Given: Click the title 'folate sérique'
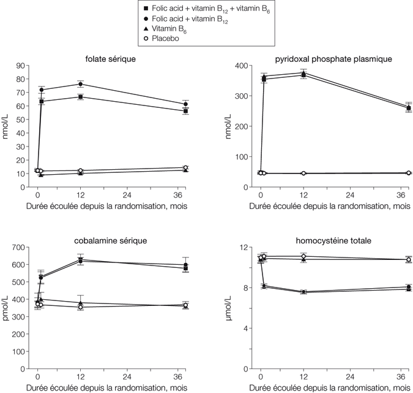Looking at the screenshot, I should (111, 59).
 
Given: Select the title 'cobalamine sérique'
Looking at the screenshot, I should (111, 240).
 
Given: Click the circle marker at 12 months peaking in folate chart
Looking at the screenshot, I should (81, 84).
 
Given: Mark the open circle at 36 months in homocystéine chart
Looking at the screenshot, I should (392, 259).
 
